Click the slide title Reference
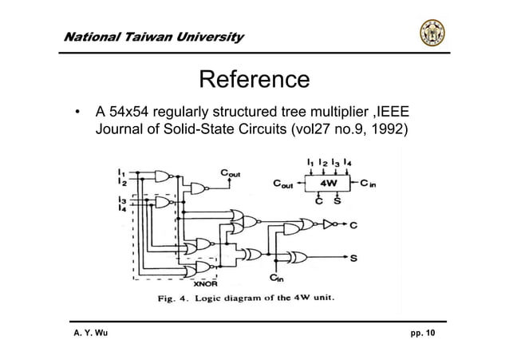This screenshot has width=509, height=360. click(254, 80)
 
